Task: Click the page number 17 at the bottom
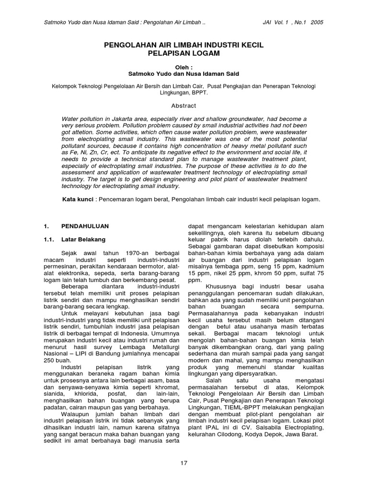[x=184, y=463]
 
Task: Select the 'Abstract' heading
[x=184, y=105]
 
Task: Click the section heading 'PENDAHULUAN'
[x=85, y=226]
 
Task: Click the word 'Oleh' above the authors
[x=183, y=67]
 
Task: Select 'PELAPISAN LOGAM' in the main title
[x=184, y=54]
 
